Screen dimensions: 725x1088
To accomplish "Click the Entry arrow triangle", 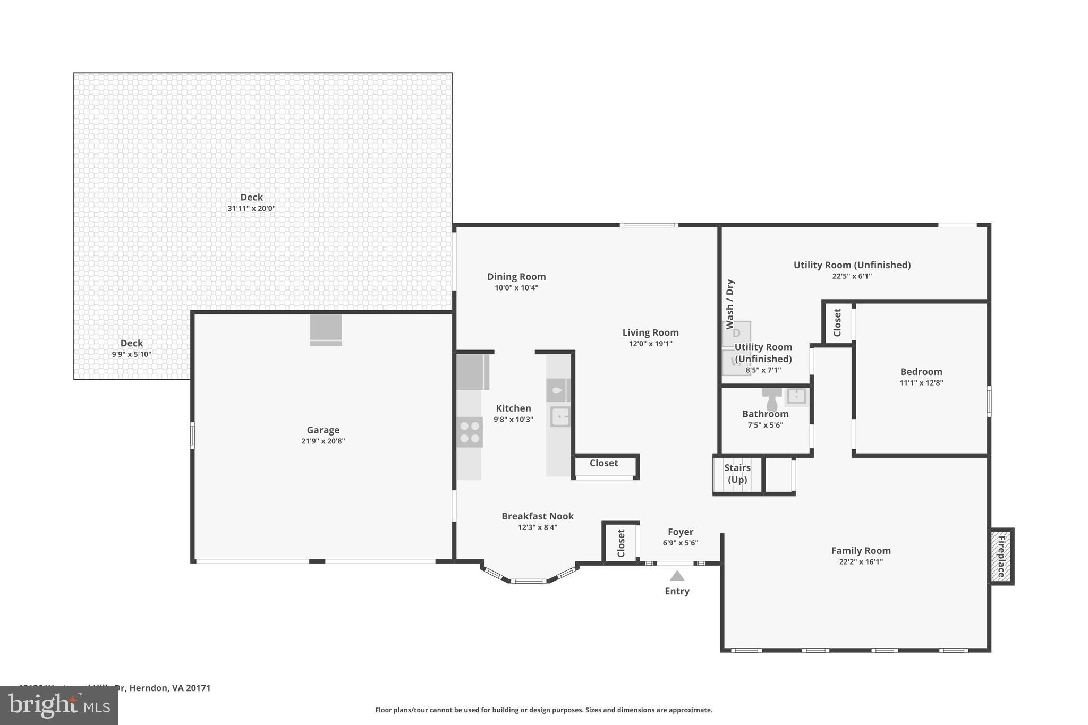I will pos(677,576).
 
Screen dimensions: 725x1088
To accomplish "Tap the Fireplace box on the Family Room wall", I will pos(1001,556).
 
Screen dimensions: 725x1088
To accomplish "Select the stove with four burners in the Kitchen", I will pos(470,432).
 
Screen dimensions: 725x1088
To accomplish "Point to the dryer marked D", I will pos(736,334).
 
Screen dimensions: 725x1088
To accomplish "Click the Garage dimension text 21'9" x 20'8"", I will pos(323,441).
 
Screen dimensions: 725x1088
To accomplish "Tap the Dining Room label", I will pos(516,276).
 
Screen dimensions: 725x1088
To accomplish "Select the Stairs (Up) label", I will pos(737,474).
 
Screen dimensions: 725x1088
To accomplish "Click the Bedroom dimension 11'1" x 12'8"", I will pos(921,383).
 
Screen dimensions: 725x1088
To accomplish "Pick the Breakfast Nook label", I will pos(538,516).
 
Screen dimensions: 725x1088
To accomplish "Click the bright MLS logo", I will pos(59,706).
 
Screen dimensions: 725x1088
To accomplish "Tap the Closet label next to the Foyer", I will pos(621,543).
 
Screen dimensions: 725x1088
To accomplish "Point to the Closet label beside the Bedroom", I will pos(837,322).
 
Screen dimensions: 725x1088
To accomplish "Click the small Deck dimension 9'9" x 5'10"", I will pos(132,354).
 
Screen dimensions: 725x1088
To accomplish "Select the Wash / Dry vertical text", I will pos(730,304).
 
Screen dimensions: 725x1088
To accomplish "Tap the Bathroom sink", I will pos(796,396).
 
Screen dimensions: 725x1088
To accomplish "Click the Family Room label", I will pos(861,551).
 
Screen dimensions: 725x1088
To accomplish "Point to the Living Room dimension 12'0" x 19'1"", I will pos(651,344).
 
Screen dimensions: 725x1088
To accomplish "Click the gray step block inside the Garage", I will pos(326,330).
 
